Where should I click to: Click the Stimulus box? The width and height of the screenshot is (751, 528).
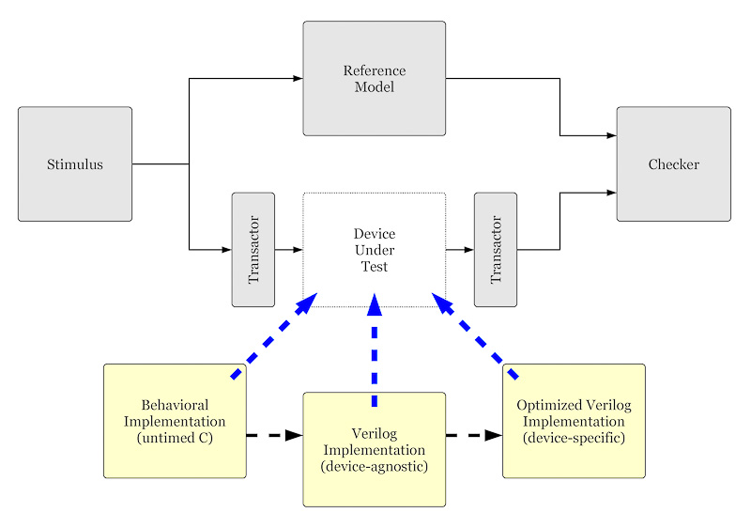(75, 164)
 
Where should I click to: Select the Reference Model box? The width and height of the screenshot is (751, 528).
(374, 79)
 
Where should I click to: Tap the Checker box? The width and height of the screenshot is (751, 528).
(673, 164)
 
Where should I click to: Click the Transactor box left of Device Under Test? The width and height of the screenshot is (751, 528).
(253, 249)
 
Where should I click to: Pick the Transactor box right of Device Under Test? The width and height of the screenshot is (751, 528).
(496, 249)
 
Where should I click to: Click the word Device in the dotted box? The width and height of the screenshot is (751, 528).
(374, 234)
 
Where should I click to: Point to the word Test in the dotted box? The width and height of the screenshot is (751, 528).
(374, 267)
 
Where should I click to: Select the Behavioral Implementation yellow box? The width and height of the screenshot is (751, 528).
(176, 421)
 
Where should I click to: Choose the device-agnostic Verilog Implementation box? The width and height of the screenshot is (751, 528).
(374, 449)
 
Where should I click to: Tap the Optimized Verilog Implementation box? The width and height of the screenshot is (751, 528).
(574, 421)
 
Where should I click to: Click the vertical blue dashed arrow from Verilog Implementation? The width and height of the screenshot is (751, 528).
(375, 352)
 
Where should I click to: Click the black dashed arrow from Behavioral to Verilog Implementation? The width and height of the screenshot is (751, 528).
(274, 436)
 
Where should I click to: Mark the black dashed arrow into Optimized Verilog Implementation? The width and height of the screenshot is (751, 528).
(474, 436)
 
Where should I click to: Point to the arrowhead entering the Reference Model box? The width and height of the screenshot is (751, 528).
(297, 79)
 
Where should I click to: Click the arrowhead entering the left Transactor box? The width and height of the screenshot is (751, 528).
(226, 250)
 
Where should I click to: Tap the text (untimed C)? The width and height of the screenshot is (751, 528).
(176, 437)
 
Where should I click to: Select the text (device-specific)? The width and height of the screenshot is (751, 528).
(574, 438)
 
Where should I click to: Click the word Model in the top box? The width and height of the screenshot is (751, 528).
(374, 87)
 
